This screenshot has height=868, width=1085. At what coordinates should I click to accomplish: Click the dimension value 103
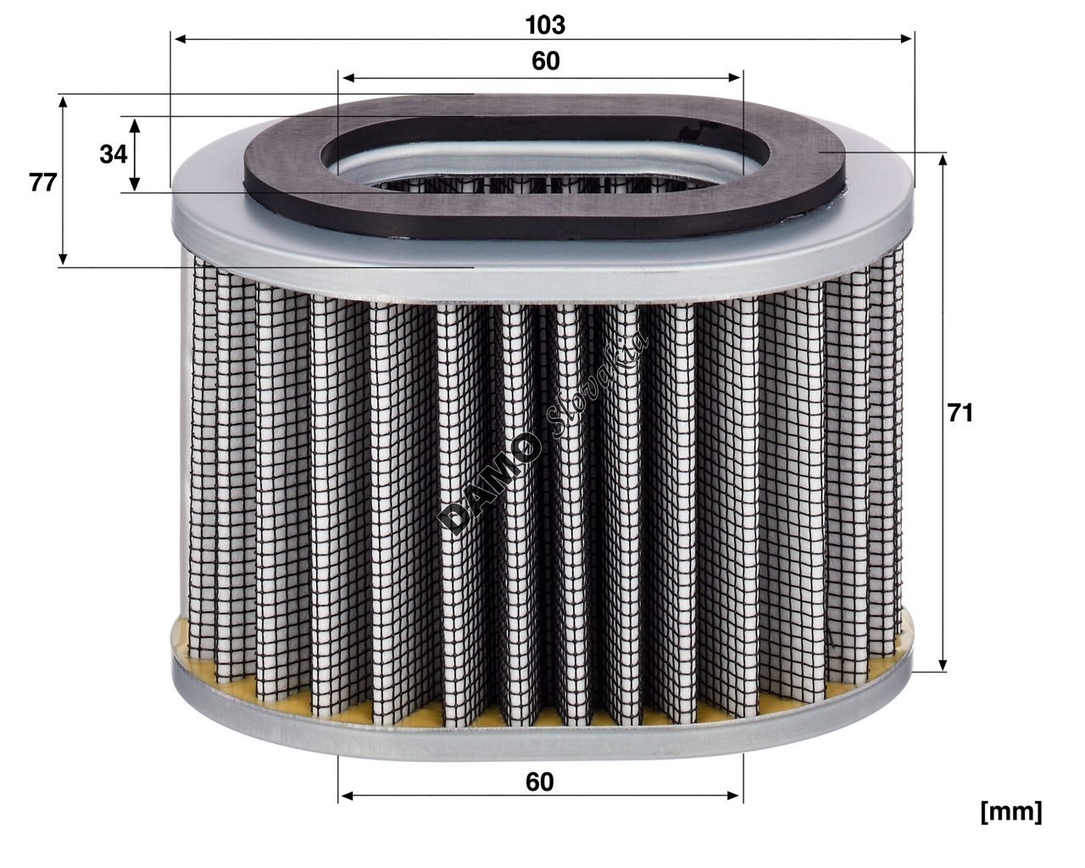[x=545, y=25]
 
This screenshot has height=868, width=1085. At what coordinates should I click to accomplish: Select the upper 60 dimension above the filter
[x=546, y=61]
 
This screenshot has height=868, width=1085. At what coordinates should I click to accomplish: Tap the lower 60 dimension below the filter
[x=539, y=782]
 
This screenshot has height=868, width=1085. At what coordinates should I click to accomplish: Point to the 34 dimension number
[x=113, y=154]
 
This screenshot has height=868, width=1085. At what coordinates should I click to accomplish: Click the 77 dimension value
[x=42, y=182]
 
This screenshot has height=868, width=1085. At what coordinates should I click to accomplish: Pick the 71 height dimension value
[x=960, y=413]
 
